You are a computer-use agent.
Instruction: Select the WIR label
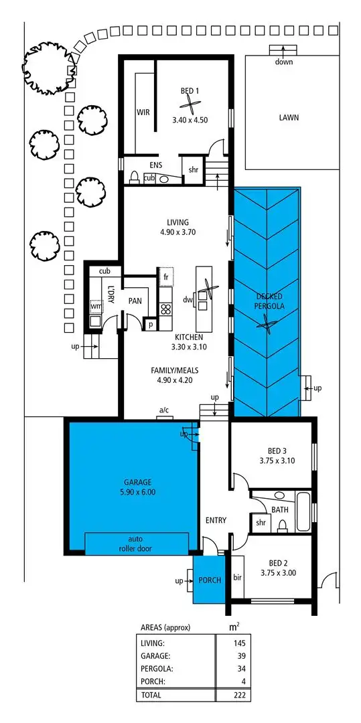click(x=143, y=112)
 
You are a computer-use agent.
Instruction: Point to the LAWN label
click(x=289, y=117)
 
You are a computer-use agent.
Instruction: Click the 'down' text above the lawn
click(x=283, y=62)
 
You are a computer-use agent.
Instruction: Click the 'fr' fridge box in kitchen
click(x=165, y=276)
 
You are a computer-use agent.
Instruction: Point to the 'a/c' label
click(x=163, y=410)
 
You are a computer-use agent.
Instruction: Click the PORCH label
click(x=210, y=580)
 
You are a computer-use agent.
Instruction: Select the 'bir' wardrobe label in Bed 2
click(x=237, y=576)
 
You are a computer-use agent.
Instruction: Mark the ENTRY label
click(x=216, y=520)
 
